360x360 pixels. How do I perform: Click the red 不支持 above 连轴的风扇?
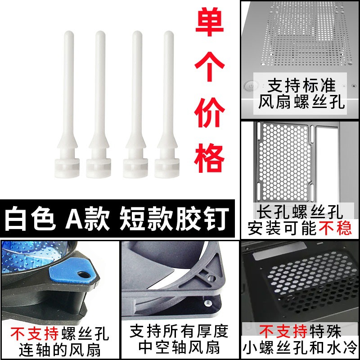tap(35, 333)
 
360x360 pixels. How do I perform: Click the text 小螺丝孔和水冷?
tap(300, 348)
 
